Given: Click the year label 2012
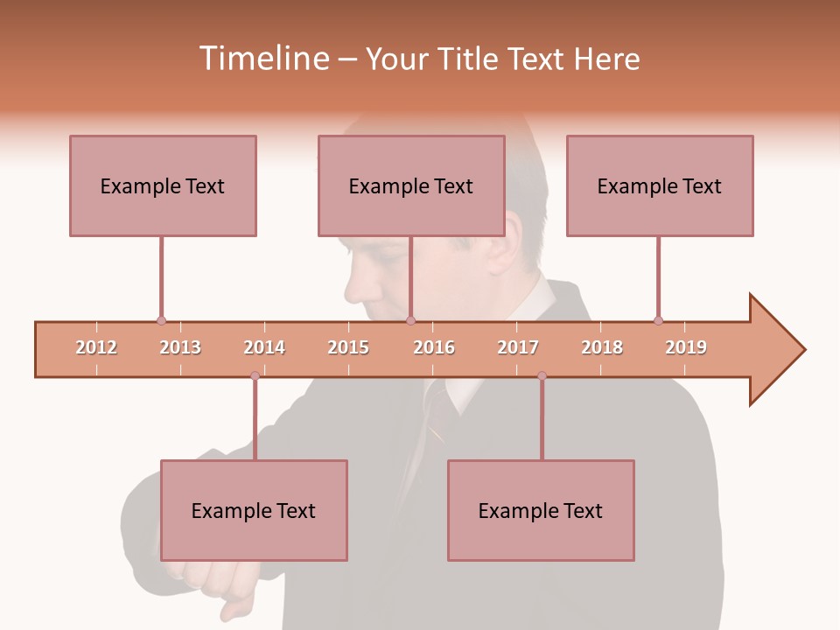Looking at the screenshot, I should (96, 347).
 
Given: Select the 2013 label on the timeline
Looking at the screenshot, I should (180, 347).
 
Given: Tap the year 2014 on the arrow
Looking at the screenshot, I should (264, 347).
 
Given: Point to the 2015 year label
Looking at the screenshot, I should (348, 347).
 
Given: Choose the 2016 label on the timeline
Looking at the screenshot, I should (434, 347).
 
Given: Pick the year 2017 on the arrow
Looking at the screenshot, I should (518, 347).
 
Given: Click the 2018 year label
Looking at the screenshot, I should (602, 347).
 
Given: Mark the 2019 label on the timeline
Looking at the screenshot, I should (686, 347).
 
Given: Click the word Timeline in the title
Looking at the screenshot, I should (262, 59).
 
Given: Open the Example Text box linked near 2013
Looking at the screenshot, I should (163, 185).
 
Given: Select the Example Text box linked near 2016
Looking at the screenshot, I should (411, 185).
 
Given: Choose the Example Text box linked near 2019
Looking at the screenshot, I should (660, 185).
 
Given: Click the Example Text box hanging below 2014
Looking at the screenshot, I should (254, 510).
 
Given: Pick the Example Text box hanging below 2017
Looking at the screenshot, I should (541, 510).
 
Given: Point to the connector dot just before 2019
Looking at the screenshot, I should (658, 320).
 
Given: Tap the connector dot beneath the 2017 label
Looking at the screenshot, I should (542, 376).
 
